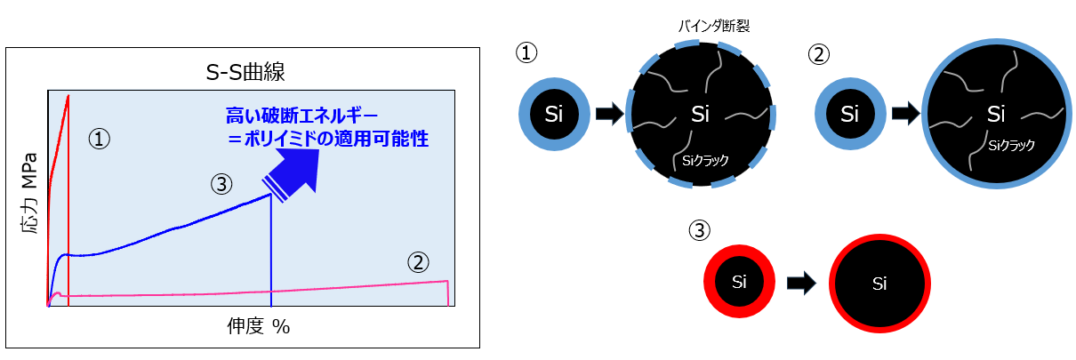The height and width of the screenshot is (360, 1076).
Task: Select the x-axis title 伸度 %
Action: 258,326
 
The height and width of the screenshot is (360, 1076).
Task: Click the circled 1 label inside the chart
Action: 100,139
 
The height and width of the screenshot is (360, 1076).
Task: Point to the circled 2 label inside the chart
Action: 419,261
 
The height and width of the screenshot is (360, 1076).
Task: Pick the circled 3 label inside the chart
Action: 221,184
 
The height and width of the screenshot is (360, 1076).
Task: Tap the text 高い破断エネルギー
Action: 302,116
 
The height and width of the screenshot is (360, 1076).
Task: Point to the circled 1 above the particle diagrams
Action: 527,53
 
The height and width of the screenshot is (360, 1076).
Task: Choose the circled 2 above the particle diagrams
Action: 818,54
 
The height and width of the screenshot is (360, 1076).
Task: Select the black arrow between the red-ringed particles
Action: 802,284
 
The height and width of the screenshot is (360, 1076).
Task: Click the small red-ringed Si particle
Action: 738,282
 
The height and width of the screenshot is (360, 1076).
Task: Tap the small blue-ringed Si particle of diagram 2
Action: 849,114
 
